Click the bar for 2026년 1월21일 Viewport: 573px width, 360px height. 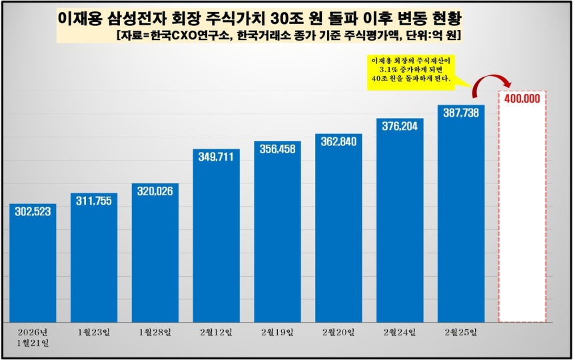[33, 267]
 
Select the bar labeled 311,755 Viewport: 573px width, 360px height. [94, 260]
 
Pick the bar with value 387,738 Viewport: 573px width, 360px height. [461, 220]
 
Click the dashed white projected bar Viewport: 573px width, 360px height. [522, 213]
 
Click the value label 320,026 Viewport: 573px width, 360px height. [155, 193]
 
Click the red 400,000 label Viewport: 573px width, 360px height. [522, 99]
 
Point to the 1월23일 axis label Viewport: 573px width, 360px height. [94, 332]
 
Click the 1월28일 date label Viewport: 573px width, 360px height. [155, 332]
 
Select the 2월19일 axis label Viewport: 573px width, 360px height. [278, 332]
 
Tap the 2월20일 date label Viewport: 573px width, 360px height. [339, 332]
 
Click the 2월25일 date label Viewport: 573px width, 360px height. [461, 332]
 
